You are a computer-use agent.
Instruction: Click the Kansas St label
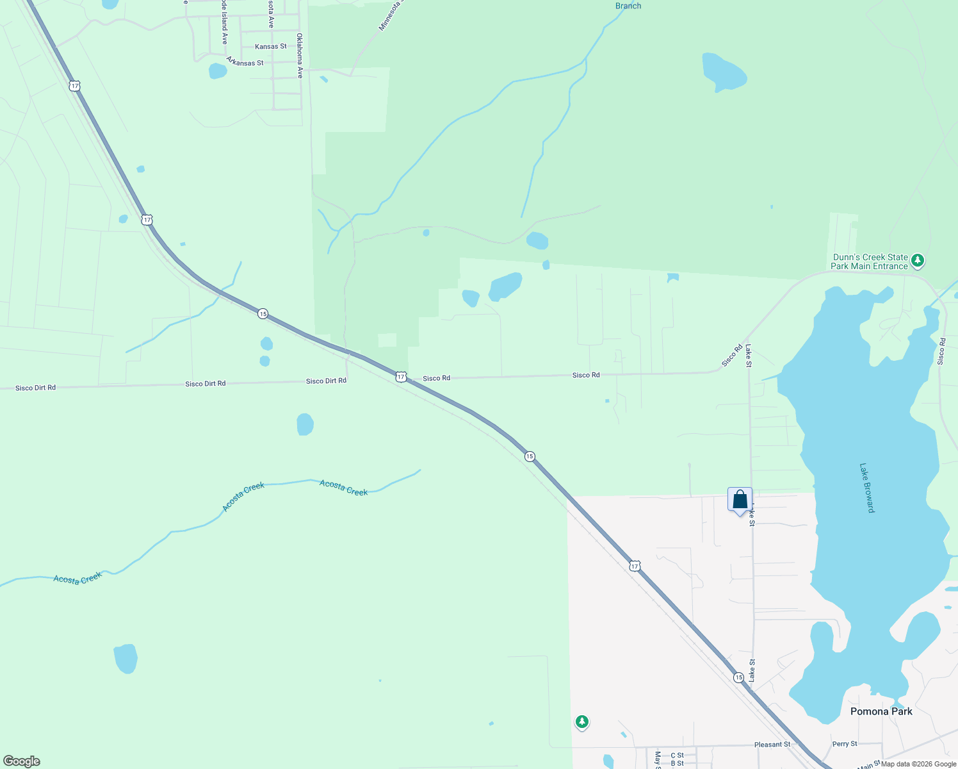(270, 47)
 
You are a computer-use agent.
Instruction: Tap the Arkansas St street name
(245, 62)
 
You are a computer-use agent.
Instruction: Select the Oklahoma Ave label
(300, 55)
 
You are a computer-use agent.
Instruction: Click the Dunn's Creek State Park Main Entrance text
(869, 261)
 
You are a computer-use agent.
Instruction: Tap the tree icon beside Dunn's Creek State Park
(918, 261)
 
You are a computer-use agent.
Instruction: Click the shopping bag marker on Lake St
(740, 499)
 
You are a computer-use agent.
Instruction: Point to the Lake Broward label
(866, 488)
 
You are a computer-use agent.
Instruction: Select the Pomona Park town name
(881, 711)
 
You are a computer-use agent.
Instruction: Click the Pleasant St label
(772, 745)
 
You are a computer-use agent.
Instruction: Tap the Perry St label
(844, 744)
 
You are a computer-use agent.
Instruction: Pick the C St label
(677, 756)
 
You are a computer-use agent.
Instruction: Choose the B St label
(677, 763)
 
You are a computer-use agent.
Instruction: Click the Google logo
(22, 761)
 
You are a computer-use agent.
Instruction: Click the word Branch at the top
(628, 6)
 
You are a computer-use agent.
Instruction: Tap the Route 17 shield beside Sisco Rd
(401, 377)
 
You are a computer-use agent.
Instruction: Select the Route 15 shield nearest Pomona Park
(738, 677)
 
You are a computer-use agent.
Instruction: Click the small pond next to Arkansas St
(218, 70)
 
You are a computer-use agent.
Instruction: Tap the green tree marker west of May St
(581, 722)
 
